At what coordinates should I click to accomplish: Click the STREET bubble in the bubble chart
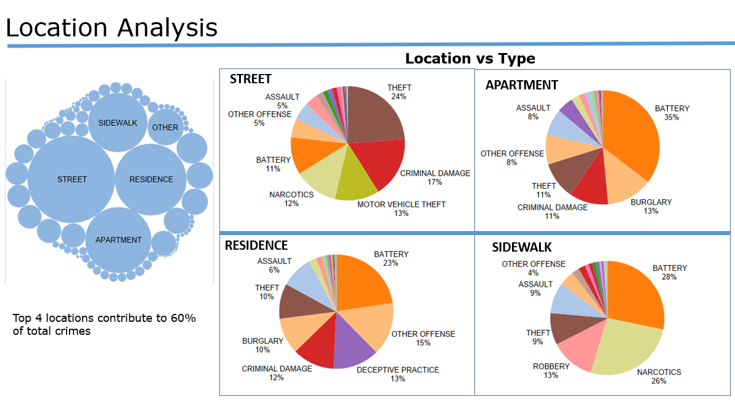point(72,179)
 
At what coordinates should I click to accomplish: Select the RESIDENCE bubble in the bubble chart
point(151,179)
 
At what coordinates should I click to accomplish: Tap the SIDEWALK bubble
point(118,123)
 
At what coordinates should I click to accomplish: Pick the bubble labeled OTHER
point(165,128)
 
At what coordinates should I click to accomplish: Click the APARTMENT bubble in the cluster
point(118,240)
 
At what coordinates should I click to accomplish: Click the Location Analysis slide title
point(112,28)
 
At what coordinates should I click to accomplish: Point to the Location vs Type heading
point(469,59)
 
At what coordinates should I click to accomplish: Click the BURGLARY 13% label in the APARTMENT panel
point(651,207)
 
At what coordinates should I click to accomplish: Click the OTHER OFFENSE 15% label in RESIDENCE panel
point(423,339)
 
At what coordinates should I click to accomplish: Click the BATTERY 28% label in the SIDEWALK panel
point(670,273)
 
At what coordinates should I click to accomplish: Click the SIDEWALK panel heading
point(522,247)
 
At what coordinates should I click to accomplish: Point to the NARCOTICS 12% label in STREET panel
point(291,199)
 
